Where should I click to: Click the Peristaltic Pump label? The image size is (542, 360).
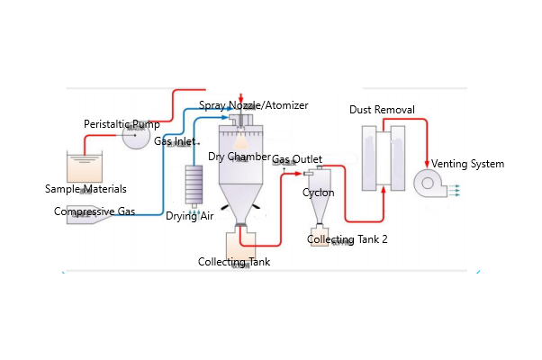tap(122, 124)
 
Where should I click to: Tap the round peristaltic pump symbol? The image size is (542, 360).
tap(136, 137)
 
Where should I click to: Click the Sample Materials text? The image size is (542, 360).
tap(86, 189)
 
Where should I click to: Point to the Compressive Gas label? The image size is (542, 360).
tap(95, 211)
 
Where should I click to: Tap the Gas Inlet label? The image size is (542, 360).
tap(175, 141)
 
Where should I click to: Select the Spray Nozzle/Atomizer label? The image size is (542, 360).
tap(254, 105)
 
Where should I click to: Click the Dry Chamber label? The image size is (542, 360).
tap(239, 157)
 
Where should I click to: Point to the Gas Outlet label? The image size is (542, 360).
tap(297, 159)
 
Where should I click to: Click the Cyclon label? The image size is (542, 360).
tap(319, 193)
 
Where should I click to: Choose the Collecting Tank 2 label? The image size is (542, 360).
tap(348, 239)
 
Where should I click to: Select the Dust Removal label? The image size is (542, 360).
tap(382, 110)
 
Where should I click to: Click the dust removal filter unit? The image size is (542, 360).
tap(383, 157)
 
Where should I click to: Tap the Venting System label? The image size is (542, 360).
tap(468, 164)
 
